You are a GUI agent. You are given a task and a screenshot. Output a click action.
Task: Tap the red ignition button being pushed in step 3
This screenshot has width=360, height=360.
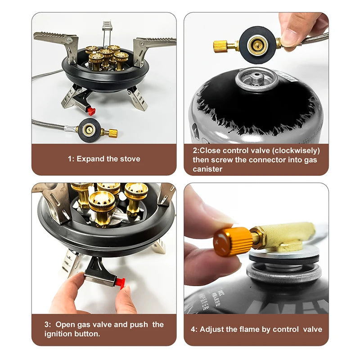coord(119,282)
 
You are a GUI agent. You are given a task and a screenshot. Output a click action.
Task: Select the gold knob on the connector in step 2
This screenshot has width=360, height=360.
coord(221,46)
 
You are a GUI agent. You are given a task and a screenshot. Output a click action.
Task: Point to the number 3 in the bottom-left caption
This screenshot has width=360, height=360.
coord(46,324)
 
